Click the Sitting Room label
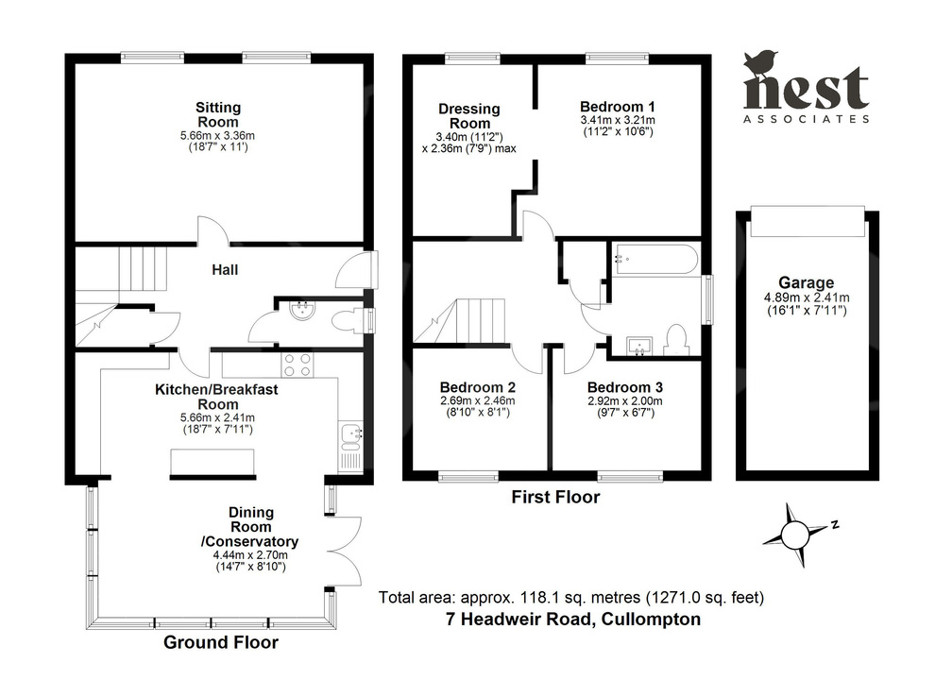pyautogui.click(x=217, y=114)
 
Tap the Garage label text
pyautogui.click(x=806, y=281)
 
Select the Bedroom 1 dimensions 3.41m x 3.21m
pyautogui.click(x=618, y=120)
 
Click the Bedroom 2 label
pyautogui.click(x=477, y=387)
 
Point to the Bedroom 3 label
pyautogui.click(x=624, y=387)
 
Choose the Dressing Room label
pyautogui.click(x=469, y=116)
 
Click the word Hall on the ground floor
pyautogui.click(x=224, y=270)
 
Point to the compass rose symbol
pyautogui.click(x=795, y=532)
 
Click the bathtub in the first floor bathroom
pyautogui.click(x=654, y=259)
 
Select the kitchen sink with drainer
pyautogui.click(x=350, y=445)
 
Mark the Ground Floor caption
pyautogui.click(x=221, y=643)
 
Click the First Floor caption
pyautogui.click(x=555, y=497)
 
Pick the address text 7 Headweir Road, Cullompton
pyautogui.click(x=572, y=620)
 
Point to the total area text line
pyautogui.click(x=570, y=597)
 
